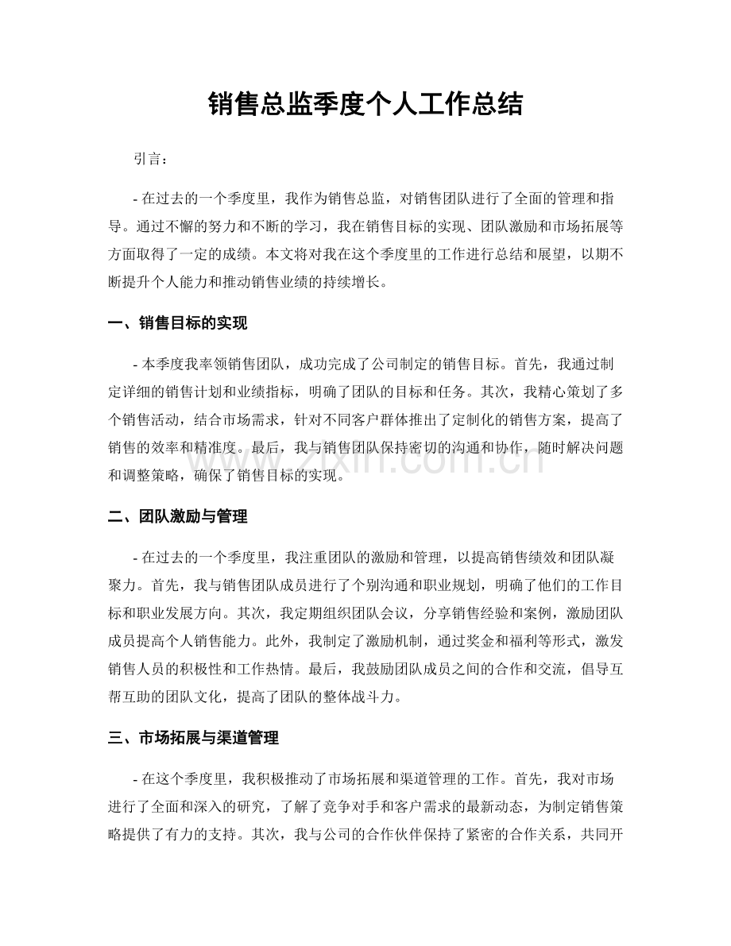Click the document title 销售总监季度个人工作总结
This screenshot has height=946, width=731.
pos(365,103)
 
